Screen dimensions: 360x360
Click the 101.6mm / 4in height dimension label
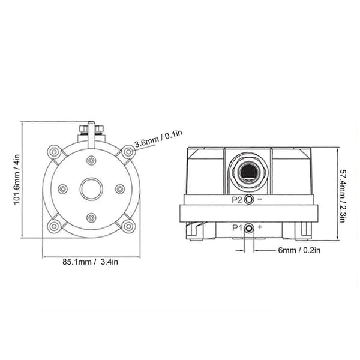point(17,180)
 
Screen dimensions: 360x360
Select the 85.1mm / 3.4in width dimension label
point(91,262)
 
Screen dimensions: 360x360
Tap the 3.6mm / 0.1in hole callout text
point(158,139)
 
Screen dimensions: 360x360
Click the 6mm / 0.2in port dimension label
point(299,250)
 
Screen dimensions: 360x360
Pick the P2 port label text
point(237,200)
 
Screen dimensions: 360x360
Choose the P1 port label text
point(237,228)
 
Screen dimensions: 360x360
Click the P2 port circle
point(249,199)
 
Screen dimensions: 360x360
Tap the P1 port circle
point(249,228)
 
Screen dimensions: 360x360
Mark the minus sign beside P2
point(260,199)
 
